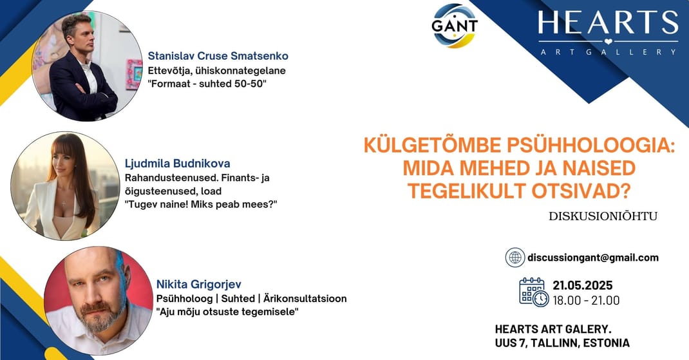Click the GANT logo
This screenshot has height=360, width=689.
click(455, 26)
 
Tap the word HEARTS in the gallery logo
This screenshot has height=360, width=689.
click(608, 23)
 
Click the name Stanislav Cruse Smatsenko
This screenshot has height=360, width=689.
click(218, 56)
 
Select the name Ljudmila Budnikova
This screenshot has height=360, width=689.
click(178, 164)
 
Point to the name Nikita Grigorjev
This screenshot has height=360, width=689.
click(198, 285)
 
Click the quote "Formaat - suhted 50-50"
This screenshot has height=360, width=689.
click(207, 84)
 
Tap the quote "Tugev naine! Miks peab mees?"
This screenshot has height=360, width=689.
click(202, 204)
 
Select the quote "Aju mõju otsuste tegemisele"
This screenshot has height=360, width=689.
click(227, 312)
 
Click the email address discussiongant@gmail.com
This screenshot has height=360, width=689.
click(593, 258)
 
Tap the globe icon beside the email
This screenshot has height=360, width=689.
click(515, 258)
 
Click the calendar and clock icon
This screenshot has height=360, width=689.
click(533, 292)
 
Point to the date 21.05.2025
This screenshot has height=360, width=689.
click(583, 286)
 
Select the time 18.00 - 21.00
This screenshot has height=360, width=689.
click(586, 301)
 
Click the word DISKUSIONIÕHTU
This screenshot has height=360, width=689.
click(603, 216)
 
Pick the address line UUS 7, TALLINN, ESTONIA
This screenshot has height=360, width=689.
click(562, 343)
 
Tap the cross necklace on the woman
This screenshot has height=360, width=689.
click(64, 203)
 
